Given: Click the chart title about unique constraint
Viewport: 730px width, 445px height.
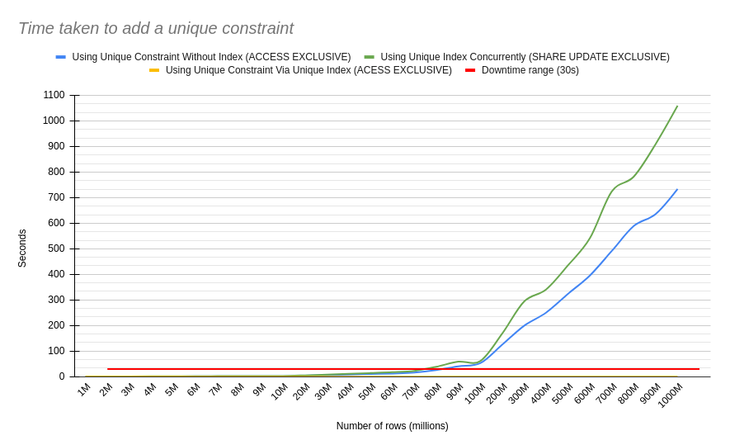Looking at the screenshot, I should pyautogui.click(x=156, y=28).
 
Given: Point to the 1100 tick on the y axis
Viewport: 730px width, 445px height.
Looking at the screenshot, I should pyautogui.click(x=54, y=95).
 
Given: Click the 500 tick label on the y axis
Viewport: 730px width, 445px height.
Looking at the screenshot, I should pyautogui.click(x=55, y=249).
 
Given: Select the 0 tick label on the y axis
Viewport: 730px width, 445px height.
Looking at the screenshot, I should pyautogui.click(x=61, y=376).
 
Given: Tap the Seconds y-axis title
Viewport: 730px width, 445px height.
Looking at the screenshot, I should pyautogui.click(x=22, y=249).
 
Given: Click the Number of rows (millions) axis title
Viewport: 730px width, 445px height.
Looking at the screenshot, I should pyautogui.click(x=392, y=426).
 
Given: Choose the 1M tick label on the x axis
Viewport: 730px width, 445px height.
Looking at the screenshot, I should pyautogui.click(x=84, y=390).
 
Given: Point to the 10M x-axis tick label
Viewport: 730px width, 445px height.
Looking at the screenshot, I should pyautogui.click(x=280, y=391).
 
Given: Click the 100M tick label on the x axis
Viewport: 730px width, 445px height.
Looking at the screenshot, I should pyautogui.click(x=474, y=394).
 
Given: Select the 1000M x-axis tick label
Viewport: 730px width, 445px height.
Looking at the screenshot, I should pyautogui.click(x=670, y=395).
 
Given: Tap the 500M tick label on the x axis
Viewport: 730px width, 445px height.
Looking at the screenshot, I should pyautogui.click(x=562, y=394).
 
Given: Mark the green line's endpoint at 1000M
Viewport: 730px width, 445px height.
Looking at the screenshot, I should pyautogui.click(x=677, y=106).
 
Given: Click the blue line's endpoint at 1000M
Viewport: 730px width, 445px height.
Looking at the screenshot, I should pyautogui.click(x=677, y=189).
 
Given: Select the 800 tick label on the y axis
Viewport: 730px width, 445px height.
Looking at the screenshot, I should pyautogui.click(x=55, y=172).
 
